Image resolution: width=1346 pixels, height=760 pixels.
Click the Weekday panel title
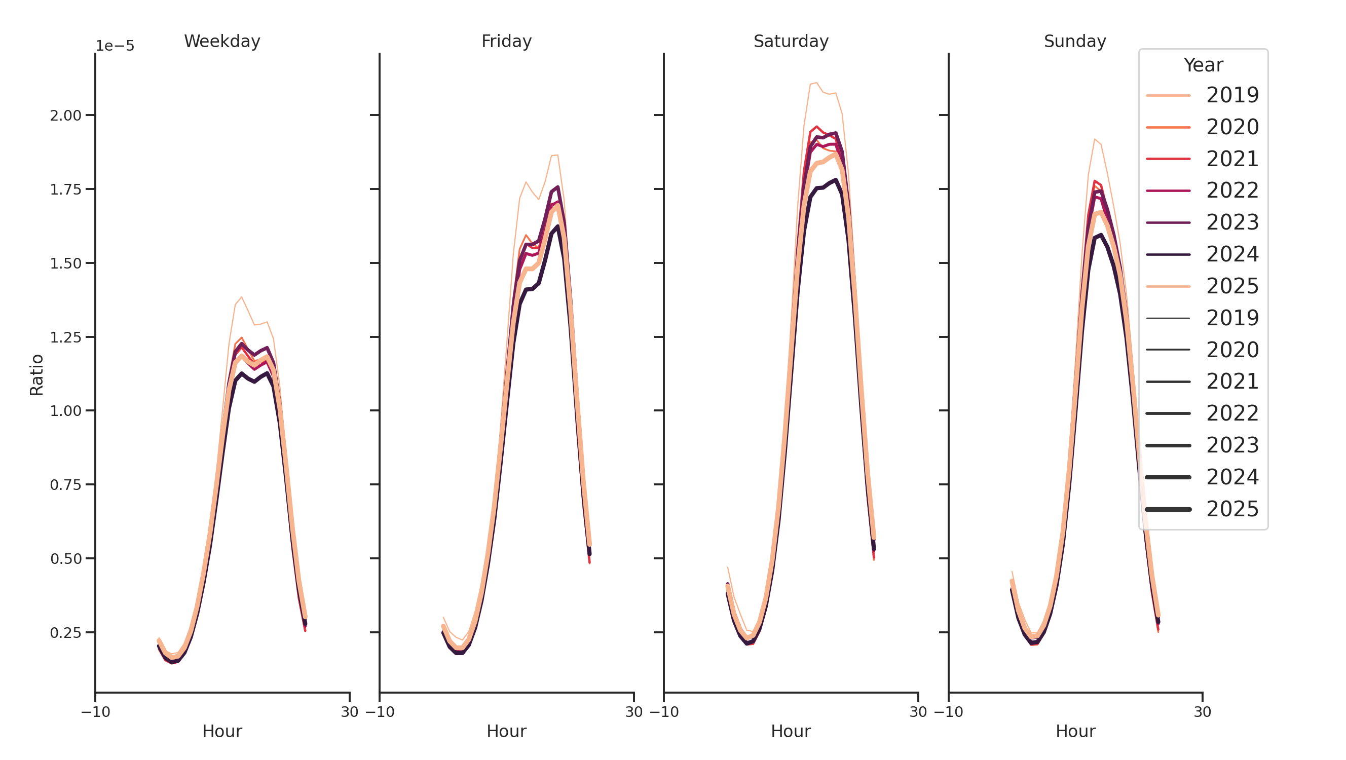coord(222,41)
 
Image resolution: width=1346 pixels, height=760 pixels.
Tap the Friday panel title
coord(506,41)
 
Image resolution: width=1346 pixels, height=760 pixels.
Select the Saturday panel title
coord(791,41)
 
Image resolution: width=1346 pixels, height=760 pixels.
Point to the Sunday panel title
coord(1075,41)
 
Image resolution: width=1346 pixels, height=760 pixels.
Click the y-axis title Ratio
coord(36,374)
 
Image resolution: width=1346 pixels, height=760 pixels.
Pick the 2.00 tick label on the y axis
coord(66,116)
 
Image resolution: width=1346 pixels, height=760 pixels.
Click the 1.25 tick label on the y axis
coord(66,337)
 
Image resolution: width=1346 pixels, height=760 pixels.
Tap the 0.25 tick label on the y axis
coord(66,633)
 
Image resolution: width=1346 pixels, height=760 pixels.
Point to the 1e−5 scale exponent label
coord(115,46)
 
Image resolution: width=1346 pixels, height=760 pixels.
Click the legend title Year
coord(1203,65)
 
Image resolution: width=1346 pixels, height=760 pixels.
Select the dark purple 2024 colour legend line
coord(1168,255)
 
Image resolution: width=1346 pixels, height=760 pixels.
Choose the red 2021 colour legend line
coord(1168,159)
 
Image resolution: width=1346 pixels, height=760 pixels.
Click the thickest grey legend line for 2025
coord(1168,509)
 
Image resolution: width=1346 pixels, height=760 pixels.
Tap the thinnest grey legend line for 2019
coord(1168,318)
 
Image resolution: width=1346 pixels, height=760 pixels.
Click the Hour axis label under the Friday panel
coord(506,731)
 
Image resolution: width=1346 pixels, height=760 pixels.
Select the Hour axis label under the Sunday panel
coord(1075,731)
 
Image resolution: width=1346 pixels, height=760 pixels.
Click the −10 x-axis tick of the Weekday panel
coord(96,712)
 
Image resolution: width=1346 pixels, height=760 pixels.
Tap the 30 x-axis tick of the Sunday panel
coord(1202,712)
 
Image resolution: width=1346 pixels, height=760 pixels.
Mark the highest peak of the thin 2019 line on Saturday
coord(816,83)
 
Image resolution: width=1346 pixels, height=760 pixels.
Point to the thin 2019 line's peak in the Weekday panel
coord(241,297)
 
